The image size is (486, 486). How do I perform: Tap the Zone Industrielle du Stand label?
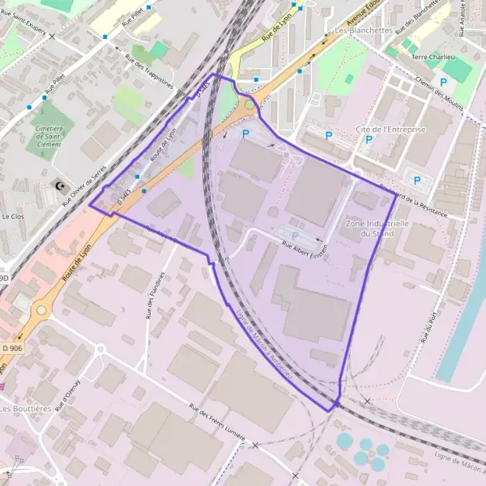click(375, 228)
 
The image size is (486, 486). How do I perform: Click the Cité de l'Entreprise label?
click(390, 130)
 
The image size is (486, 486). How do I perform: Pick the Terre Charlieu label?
click(433, 58)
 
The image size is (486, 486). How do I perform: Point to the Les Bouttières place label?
click(26, 409)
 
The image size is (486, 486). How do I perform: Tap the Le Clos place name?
click(13, 217)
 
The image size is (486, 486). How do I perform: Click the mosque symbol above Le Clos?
click(58, 186)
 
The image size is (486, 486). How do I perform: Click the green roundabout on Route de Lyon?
click(248, 104)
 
